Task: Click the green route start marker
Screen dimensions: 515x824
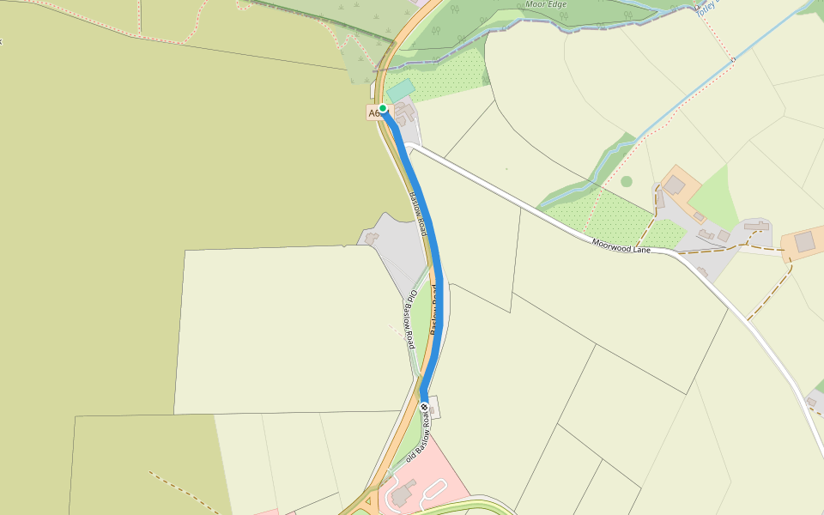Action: [383, 108]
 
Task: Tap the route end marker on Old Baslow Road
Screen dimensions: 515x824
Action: [424, 406]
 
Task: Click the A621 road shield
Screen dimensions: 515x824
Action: [374, 113]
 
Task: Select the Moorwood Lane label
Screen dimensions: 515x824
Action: [621, 247]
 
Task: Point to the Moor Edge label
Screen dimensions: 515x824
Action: [547, 3]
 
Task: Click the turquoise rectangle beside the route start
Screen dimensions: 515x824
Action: [400, 89]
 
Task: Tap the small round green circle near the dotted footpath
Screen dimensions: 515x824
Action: [627, 181]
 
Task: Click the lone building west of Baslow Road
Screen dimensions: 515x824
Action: [372, 237]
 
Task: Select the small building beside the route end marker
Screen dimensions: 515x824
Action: [434, 407]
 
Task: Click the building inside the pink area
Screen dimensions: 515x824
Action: [401, 491]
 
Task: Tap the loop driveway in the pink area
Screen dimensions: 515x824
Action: [434, 491]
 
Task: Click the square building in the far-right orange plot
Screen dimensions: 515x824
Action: [805, 242]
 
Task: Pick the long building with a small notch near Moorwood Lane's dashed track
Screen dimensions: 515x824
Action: [756, 226]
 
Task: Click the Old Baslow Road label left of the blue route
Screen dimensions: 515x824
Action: [411, 319]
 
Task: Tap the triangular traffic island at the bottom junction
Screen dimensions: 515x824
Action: [371, 501]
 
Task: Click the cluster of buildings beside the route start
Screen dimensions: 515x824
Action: [403, 112]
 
